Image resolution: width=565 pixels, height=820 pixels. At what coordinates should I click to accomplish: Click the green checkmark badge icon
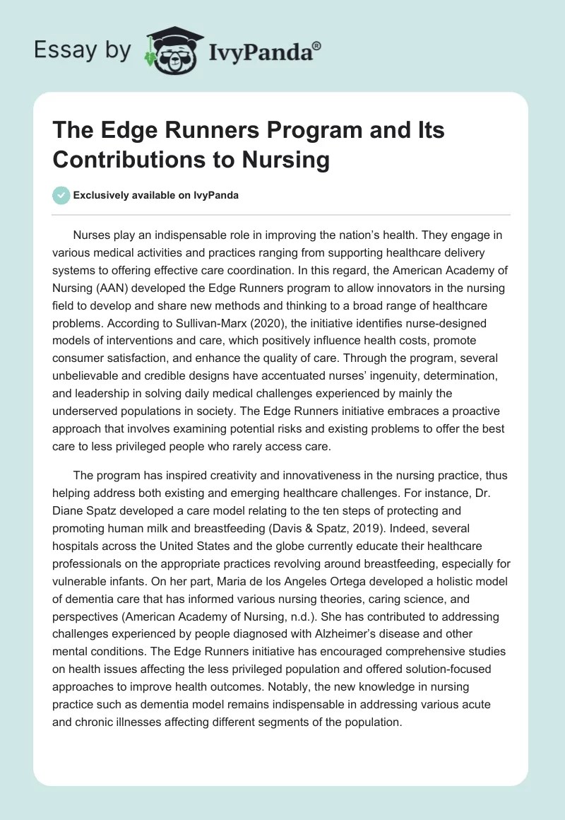tap(61, 195)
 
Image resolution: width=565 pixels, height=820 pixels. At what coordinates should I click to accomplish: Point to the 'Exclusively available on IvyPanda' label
tap(155, 196)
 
